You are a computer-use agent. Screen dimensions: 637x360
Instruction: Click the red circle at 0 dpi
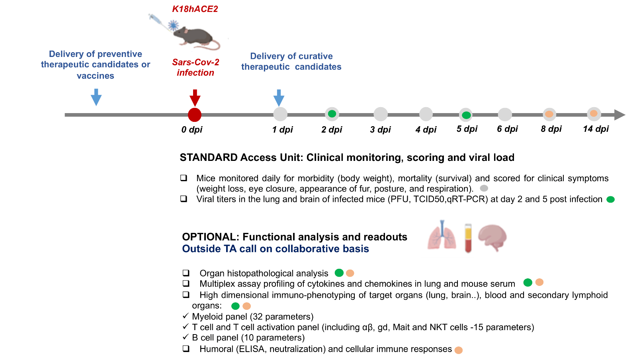tap(195, 115)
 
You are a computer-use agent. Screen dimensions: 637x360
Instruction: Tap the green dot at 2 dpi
tap(332, 114)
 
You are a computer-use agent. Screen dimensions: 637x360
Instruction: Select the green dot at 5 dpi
tap(466, 115)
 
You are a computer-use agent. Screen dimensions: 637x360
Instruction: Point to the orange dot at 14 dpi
tap(594, 113)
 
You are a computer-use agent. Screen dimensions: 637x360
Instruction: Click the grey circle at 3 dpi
tap(381, 114)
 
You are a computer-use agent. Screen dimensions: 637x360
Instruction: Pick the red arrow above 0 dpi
tap(195, 98)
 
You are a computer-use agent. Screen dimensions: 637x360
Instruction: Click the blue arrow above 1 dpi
tap(279, 98)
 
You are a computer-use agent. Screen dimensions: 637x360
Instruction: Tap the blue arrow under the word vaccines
tap(96, 97)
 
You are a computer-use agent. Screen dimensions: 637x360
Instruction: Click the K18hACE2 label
tap(195, 9)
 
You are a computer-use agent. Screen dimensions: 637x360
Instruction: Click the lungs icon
tap(442, 235)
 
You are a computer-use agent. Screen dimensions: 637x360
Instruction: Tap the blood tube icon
tap(468, 238)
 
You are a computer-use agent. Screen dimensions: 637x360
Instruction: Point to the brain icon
tap(492, 237)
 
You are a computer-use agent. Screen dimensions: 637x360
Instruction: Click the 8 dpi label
tap(551, 129)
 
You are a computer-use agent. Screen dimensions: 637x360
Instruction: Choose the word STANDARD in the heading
tap(209, 158)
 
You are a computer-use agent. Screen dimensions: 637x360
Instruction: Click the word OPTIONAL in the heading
tap(211, 237)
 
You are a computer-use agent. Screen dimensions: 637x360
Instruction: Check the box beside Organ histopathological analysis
tap(186, 273)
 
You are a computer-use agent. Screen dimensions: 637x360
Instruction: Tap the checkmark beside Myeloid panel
tap(186, 316)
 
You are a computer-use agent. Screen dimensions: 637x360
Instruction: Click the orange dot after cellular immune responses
tap(458, 350)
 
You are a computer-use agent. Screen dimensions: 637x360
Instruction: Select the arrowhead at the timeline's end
tap(619, 115)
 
